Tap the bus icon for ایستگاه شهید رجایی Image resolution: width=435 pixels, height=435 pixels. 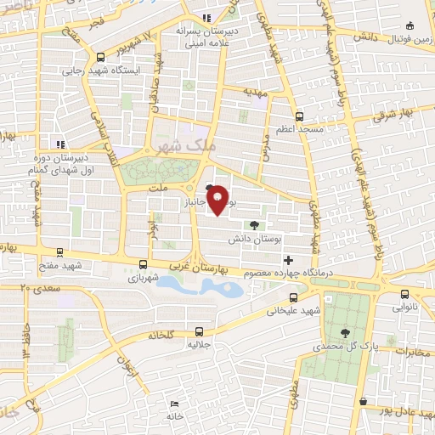point(101,58)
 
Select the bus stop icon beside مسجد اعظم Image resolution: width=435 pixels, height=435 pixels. point(298,116)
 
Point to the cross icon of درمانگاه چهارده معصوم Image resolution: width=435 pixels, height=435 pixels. point(288,260)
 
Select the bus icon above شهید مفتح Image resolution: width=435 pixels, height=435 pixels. point(59,252)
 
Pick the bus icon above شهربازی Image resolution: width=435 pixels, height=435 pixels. point(143,264)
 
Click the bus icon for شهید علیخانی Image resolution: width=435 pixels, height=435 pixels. point(294,297)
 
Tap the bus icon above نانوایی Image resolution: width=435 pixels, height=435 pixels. point(404,295)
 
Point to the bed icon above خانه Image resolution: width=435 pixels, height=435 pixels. point(174,403)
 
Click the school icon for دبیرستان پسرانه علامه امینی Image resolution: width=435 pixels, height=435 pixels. point(206,18)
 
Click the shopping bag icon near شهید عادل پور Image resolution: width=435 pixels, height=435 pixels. point(364,401)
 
